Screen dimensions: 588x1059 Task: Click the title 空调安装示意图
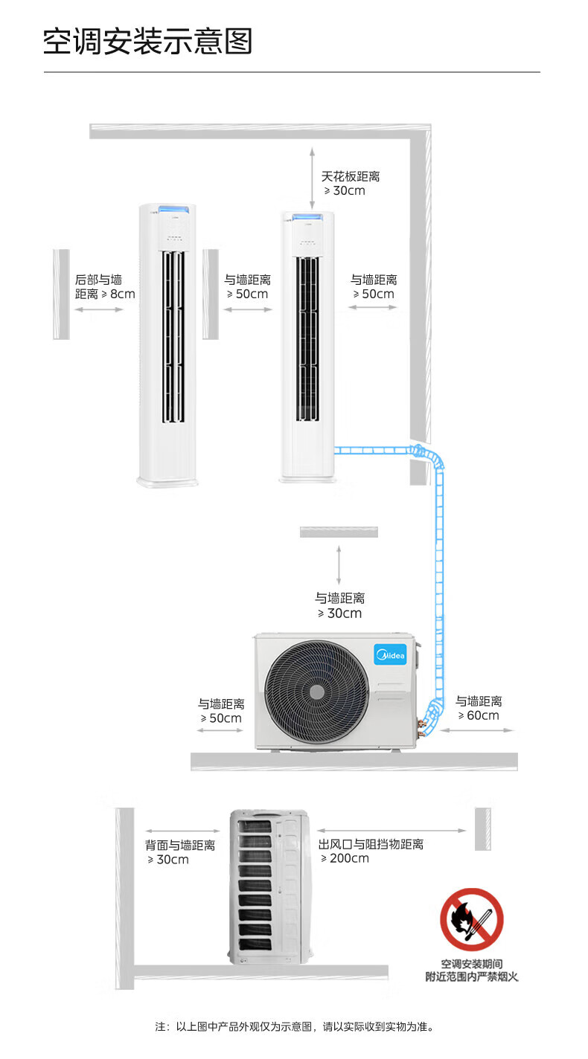[x=147, y=42]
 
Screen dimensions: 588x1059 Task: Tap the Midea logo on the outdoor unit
[x=390, y=654]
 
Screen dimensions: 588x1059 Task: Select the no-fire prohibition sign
[x=472, y=919]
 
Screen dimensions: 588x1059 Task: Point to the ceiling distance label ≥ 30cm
[x=351, y=184]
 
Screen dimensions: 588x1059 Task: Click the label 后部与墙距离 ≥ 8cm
[x=105, y=286]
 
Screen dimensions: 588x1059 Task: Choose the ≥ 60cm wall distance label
[x=479, y=708]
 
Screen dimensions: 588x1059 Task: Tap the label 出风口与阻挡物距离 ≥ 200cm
[x=371, y=851]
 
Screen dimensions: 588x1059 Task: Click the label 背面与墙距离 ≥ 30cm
[x=180, y=852]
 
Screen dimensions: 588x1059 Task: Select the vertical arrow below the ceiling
[x=312, y=178]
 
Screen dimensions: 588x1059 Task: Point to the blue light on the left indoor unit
[x=173, y=209]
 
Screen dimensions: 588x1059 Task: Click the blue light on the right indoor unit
[x=307, y=217]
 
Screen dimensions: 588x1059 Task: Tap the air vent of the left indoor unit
[x=173, y=336]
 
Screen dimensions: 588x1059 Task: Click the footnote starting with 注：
[x=294, y=1027]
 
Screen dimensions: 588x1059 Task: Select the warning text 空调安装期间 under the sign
[x=472, y=964]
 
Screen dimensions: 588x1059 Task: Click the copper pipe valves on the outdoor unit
[x=421, y=727]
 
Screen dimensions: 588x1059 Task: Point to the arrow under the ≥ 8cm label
[x=99, y=309]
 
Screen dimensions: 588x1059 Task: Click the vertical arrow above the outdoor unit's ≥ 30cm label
[x=339, y=565]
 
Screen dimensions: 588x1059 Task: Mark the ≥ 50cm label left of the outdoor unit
[x=221, y=711]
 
